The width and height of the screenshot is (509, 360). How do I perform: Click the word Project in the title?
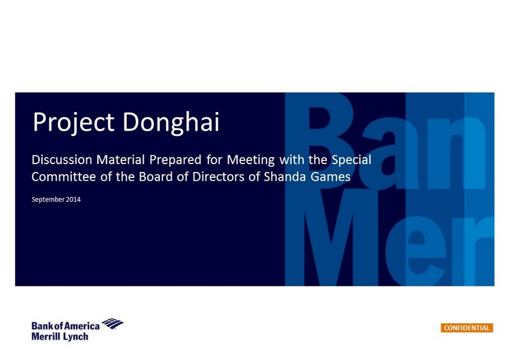(74, 122)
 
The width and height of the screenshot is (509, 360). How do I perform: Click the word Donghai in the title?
(171, 122)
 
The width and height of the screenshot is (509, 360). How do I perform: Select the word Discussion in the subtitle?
(62, 160)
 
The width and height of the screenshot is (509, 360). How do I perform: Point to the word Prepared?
(175, 161)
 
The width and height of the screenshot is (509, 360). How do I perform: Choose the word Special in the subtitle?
(352, 161)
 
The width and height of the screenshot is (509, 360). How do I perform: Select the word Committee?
(64, 177)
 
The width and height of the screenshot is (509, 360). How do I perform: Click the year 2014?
(74, 199)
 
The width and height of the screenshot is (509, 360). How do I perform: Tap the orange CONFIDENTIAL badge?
(467, 328)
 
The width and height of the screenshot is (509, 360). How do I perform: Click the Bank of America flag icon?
(113, 323)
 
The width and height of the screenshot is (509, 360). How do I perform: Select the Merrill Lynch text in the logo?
(60, 337)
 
